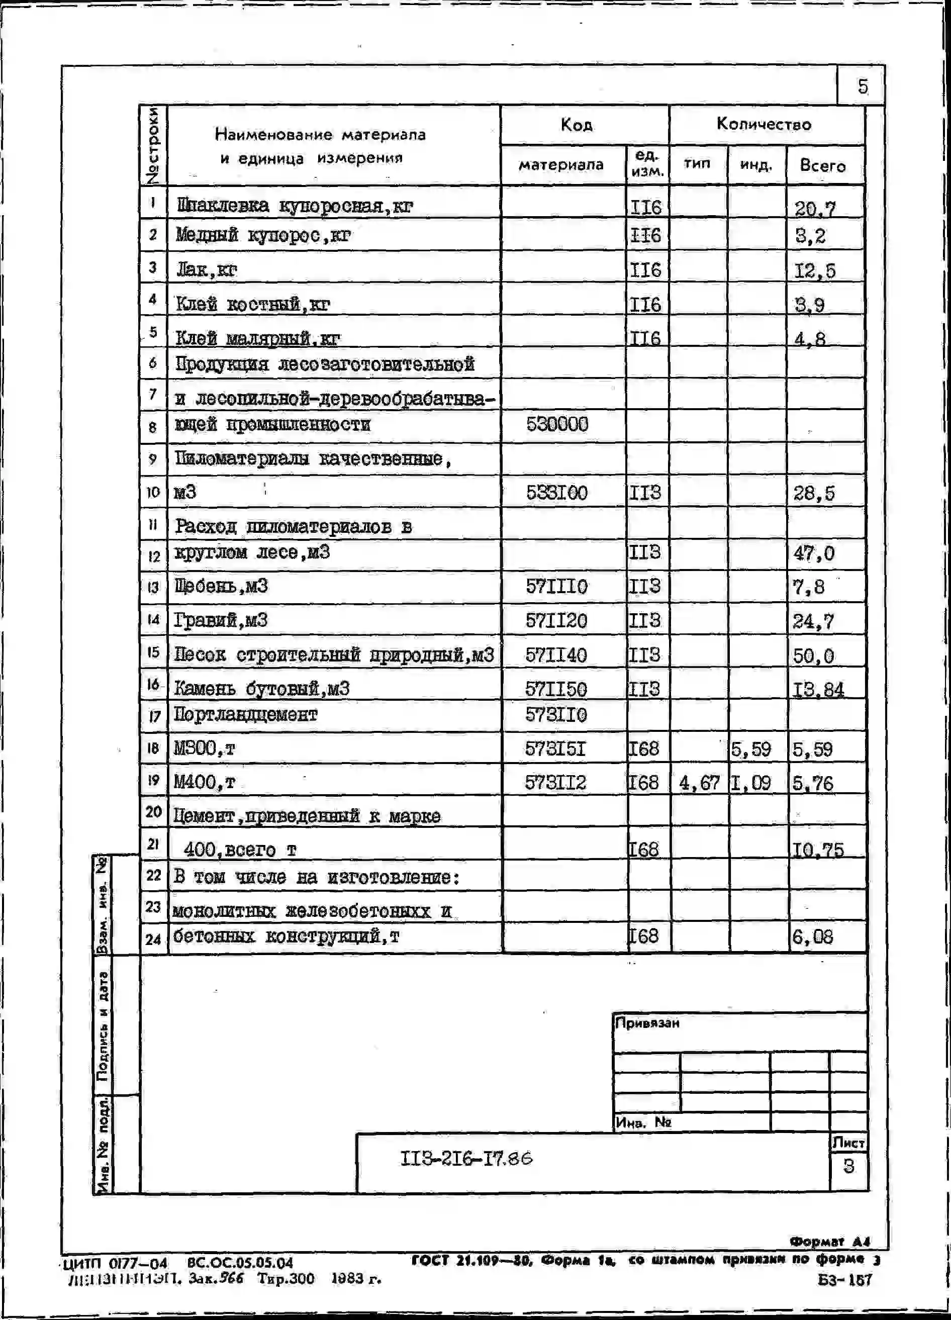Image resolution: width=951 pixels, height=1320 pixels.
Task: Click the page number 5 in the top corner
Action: point(862,87)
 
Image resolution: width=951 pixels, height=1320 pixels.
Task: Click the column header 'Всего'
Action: point(822,166)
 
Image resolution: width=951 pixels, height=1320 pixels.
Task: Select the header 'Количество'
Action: point(763,124)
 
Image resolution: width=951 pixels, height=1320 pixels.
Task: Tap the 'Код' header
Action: point(576,125)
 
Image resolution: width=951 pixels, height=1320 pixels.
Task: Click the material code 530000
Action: point(557,424)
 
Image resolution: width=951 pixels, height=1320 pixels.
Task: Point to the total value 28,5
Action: point(814,494)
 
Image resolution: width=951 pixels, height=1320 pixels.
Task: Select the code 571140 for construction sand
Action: point(556,655)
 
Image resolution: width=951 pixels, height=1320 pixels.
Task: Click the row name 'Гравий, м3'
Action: point(221,620)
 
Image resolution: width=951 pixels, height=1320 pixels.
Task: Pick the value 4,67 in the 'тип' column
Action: point(699,783)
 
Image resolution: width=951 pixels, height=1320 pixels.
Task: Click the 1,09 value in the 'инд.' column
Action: point(751,783)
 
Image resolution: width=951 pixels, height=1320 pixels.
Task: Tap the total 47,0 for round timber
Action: point(814,553)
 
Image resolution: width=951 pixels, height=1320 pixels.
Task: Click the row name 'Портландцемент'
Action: point(246,714)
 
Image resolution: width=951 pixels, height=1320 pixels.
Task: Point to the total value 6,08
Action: point(812,937)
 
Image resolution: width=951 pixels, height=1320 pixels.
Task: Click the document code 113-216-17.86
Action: point(465,1159)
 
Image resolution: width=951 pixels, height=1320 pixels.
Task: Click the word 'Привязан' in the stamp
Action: point(647,1023)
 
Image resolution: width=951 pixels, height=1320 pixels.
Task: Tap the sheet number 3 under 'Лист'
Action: point(848,1166)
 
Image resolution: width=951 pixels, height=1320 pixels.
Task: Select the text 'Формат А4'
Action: point(829,1242)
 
